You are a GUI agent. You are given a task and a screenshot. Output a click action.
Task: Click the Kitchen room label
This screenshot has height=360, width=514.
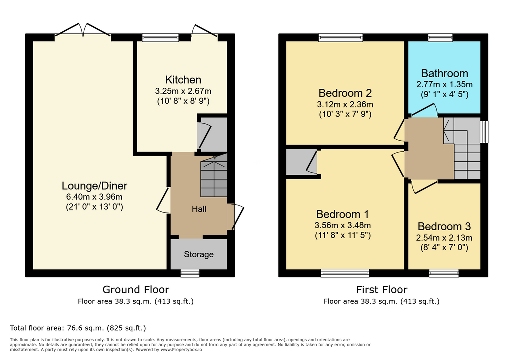pos(183,79)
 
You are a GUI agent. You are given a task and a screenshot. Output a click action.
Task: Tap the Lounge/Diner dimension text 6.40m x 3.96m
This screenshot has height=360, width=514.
pos(94,197)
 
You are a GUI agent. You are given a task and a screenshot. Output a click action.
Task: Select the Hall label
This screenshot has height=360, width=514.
pos(199,209)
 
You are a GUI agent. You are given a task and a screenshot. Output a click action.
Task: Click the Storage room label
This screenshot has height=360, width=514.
pos(199,254)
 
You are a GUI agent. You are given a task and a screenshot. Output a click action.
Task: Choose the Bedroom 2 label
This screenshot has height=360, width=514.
pos(345,93)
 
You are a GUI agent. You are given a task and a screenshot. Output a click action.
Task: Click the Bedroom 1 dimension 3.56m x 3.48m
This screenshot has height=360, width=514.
pos(343,225)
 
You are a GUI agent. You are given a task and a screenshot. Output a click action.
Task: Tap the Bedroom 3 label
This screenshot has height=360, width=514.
pos(444,226)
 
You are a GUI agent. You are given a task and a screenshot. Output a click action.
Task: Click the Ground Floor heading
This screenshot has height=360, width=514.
pos(136,290)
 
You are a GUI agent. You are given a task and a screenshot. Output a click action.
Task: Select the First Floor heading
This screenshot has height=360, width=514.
pos(382,290)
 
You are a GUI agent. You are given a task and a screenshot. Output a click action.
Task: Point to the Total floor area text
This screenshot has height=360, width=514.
pos(78,328)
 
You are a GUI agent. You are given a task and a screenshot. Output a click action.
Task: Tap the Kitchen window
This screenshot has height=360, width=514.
pos(161,37)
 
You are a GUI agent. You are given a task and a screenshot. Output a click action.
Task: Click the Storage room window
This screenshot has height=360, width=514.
pos(190,273)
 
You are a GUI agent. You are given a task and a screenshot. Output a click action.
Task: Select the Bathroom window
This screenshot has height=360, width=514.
pos(440,37)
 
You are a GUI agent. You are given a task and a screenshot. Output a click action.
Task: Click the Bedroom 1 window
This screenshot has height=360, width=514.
pos(345,273)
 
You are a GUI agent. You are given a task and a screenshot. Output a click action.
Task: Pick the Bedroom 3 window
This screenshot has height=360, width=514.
pos(444,273)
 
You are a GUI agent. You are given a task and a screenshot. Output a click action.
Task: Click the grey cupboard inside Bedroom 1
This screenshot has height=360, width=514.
pos(301,162)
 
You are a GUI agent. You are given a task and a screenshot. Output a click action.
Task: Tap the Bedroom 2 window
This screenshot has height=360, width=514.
pos(341,37)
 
